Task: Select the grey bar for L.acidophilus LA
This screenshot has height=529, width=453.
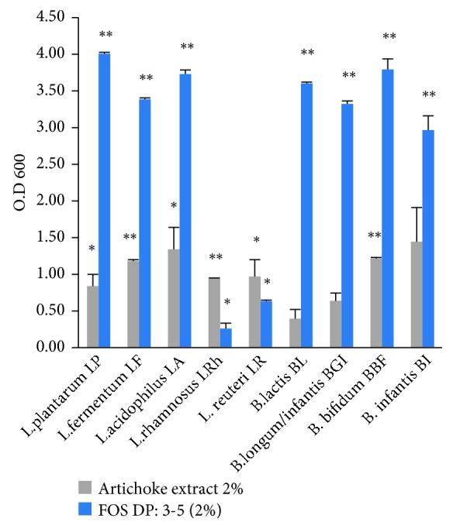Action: [173, 298]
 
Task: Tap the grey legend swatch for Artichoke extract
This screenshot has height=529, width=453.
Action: [85, 487]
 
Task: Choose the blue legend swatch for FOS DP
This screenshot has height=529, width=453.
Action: [85, 508]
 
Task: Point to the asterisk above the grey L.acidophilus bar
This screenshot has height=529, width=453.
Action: [173, 206]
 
